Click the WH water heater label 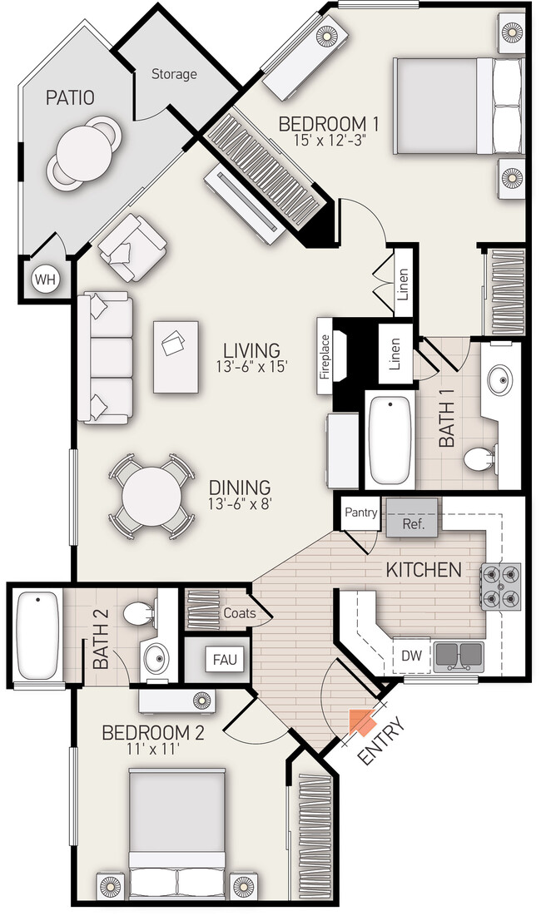click(45, 280)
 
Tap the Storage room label click(174, 74)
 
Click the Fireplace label click(325, 356)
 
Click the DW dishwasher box click(411, 655)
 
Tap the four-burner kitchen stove click(501, 587)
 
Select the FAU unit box click(225, 660)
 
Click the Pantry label click(361, 512)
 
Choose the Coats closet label click(240, 613)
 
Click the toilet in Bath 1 click(481, 458)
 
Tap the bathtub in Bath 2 click(38, 636)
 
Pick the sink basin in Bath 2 click(156, 659)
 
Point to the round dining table click(152, 497)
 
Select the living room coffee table click(176, 357)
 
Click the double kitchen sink click(459, 656)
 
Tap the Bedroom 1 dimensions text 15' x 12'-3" click(329, 141)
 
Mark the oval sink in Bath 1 click(501, 380)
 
